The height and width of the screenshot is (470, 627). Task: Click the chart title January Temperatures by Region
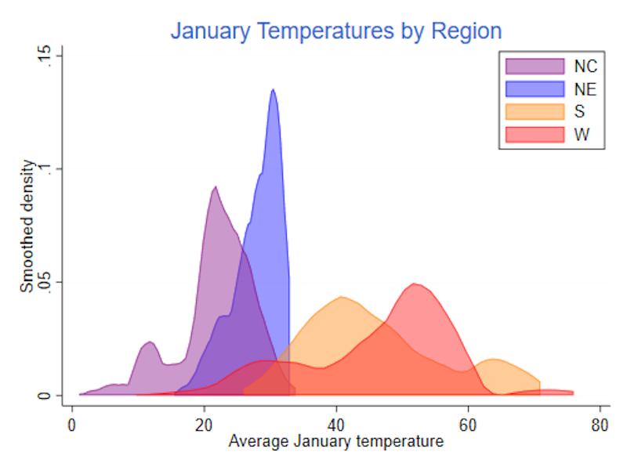336,31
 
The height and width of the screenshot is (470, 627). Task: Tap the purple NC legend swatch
535,66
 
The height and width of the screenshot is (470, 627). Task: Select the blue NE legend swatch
535,89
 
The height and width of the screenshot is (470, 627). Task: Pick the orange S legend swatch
535,111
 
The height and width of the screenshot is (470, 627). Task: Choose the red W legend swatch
535,134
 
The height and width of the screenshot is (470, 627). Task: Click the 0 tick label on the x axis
72,422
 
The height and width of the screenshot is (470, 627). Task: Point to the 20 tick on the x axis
204,422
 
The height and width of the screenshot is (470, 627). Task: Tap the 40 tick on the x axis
336,422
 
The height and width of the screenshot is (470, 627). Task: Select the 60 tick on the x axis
468,422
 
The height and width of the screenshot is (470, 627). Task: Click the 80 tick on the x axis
600,422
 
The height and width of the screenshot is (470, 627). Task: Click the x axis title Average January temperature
335,442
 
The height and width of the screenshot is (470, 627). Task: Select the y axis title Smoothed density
27,226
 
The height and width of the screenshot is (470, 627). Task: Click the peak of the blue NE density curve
273,89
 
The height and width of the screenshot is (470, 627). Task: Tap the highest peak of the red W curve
415,284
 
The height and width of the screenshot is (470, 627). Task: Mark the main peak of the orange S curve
342,297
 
